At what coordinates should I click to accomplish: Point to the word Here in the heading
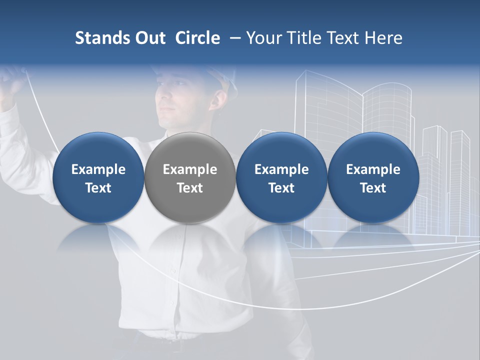coord(384,38)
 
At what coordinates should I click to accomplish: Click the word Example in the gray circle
coord(190,169)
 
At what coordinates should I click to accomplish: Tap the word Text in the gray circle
coord(190,188)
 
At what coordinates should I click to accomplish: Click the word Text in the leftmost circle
coord(98,188)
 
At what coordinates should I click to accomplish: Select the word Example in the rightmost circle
coord(373,169)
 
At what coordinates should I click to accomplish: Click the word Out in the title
coord(148,38)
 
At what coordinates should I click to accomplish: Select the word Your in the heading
coord(263,38)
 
